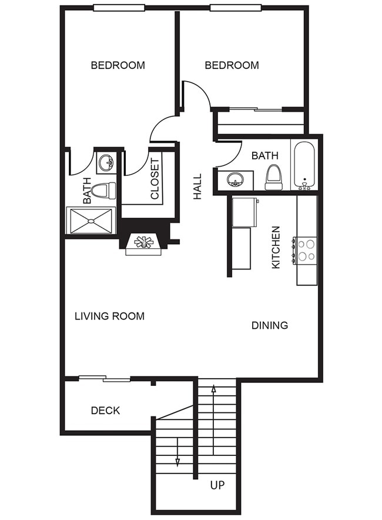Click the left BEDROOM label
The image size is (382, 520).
click(x=118, y=65)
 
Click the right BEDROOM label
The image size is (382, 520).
click(x=232, y=65)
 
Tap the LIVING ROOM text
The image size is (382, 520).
click(x=109, y=316)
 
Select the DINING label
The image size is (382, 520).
click(x=270, y=325)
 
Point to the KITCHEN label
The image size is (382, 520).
click(x=276, y=248)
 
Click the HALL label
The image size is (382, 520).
click(x=197, y=186)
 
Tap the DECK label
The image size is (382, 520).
click(x=105, y=410)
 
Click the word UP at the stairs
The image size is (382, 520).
click(x=217, y=485)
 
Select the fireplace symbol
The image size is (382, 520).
click(x=143, y=242)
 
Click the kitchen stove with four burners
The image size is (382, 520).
click(x=306, y=249)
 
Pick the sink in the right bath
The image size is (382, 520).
click(x=235, y=179)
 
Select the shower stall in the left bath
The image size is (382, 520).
click(x=92, y=221)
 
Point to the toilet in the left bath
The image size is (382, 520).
click(x=105, y=191)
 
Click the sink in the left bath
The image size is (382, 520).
click(x=106, y=163)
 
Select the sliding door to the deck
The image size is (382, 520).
click(x=105, y=378)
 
